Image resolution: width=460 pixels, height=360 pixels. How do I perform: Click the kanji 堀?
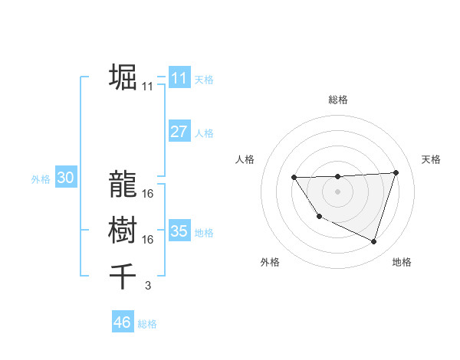[123, 77]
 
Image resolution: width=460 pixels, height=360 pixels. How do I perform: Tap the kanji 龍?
[123, 183]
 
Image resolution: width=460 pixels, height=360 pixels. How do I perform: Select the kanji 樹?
[123, 229]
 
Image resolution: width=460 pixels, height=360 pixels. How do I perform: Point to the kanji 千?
[123, 275]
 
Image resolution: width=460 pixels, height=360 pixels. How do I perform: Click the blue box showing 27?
[179, 131]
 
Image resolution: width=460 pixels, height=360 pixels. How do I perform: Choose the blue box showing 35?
[179, 231]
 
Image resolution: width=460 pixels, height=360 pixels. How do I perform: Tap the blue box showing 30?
[65, 178]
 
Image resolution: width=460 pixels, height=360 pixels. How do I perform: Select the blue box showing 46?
[122, 322]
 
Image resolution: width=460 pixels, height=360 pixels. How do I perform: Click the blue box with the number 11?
[179, 77]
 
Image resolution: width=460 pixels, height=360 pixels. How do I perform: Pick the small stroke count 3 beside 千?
[147, 286]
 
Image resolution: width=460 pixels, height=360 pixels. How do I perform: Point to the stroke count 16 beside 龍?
[147, 194]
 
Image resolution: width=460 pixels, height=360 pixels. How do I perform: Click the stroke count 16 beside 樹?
[147, 240]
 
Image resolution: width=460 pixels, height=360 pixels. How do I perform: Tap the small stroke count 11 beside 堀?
[147, 88]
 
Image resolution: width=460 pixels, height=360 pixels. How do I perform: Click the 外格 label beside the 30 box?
[41, 179]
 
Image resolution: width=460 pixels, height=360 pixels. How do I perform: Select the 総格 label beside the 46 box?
[147, 324]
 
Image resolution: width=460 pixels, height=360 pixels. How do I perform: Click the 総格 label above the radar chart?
[337, 100]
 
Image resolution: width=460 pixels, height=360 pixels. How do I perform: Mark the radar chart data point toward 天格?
[396, 172]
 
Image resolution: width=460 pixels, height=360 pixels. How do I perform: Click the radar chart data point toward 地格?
[373, 241]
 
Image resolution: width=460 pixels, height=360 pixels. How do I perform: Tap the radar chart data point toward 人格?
[294, 178]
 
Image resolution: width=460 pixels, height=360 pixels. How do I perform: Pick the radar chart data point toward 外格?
[319, 217]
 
